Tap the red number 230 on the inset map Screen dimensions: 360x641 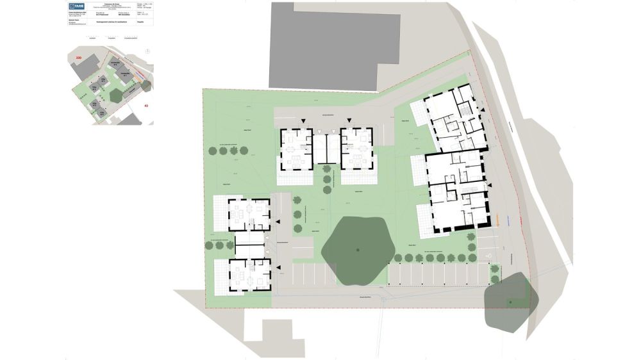pos(79,58)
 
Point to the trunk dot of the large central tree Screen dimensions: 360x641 pos(358,249)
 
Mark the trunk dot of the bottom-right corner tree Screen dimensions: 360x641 pos(510,302)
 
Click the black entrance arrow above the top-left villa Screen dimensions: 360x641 pos(303,121)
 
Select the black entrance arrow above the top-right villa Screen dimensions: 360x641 pos(349,121)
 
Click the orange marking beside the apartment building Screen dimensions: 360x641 pos(497,222)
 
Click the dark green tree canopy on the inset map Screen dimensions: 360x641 pos(117,95)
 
